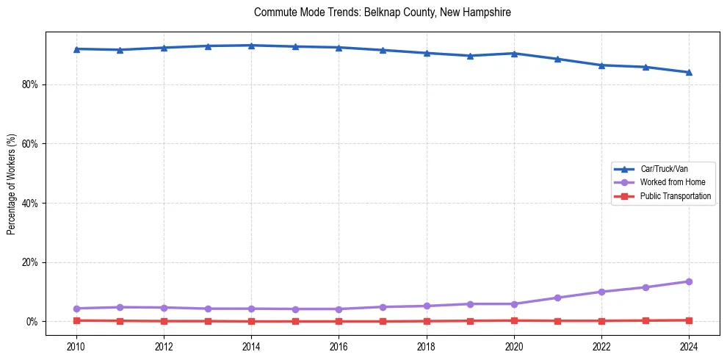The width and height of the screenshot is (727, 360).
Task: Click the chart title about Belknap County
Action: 382,12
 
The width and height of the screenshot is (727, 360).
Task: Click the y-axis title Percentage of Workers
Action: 12,184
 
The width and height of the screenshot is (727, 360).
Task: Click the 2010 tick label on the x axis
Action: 76,346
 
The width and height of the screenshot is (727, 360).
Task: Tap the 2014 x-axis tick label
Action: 251,346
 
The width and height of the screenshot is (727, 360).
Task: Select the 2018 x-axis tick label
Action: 427,346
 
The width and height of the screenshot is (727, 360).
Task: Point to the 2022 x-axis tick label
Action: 601,346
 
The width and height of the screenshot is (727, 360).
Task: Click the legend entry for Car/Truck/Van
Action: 664,169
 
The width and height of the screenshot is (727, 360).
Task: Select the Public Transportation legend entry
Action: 675,196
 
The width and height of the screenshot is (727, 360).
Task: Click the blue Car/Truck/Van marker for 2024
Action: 689,72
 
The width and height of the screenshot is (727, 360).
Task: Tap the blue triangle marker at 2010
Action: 76,48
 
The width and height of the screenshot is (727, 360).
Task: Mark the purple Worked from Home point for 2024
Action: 689,281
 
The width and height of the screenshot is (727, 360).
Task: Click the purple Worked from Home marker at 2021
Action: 557,298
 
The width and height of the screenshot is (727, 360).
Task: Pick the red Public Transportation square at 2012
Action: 164,321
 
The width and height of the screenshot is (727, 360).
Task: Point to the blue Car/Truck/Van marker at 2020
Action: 514,53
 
